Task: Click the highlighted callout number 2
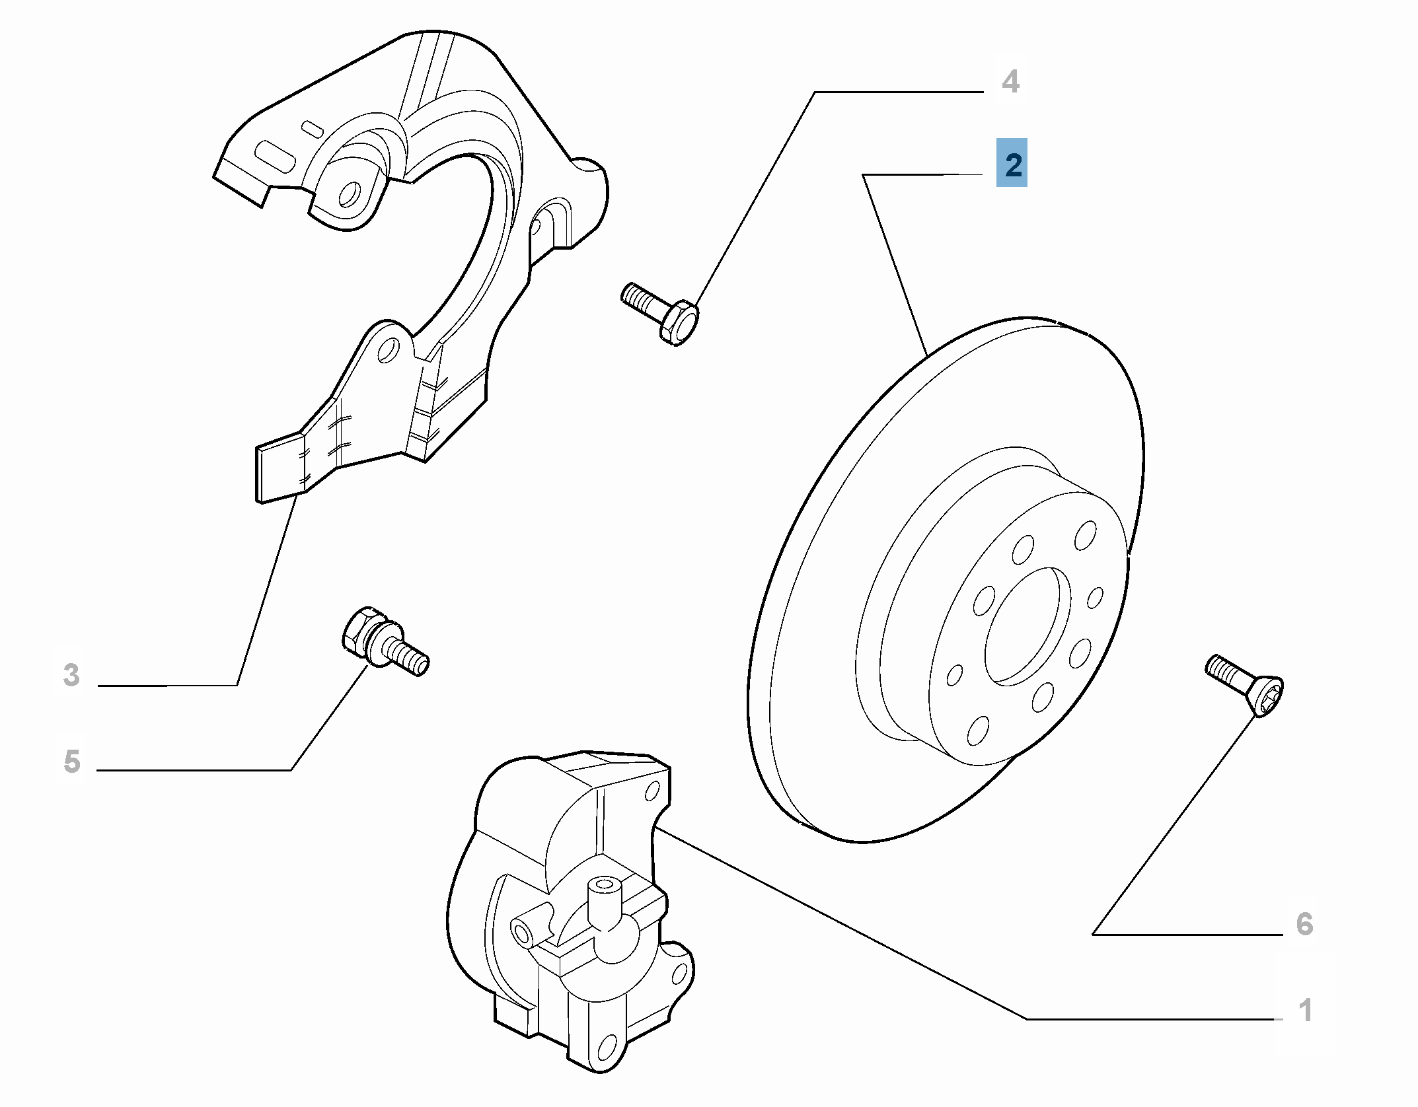(x=1012, y=163)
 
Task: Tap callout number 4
(x=1010, y=82)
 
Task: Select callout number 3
(x=71, y=675)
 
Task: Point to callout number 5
(x=72, y=761)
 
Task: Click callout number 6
(x=1304, y=923)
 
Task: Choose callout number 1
(x=1305, y=1010)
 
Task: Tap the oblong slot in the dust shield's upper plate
(x=275, y=156)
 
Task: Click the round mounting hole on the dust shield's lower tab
(x=388, y=349)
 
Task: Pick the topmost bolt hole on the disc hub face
(x=1084, y=535)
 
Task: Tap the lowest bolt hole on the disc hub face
(x=977, y=731)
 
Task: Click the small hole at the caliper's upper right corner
(x=652, y=789)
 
